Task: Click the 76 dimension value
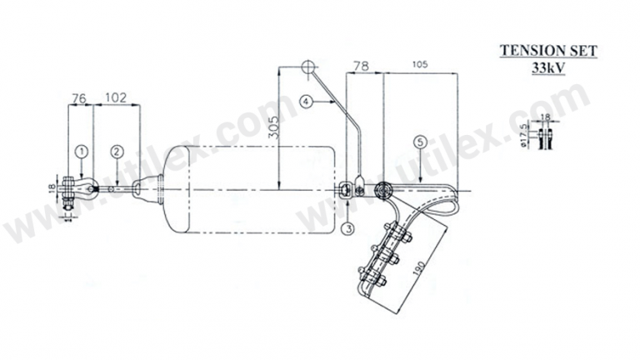[x=79, y=97]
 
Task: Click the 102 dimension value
[x=116, y=97]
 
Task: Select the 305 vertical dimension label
[x=272, y=129]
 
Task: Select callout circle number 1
[x=81, y=151]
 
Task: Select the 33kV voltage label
[x=547, y=68]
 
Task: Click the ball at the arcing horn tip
[x=307, y=65]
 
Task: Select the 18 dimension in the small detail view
[x=546, y=117]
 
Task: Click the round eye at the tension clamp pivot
[x=383, y=190]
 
